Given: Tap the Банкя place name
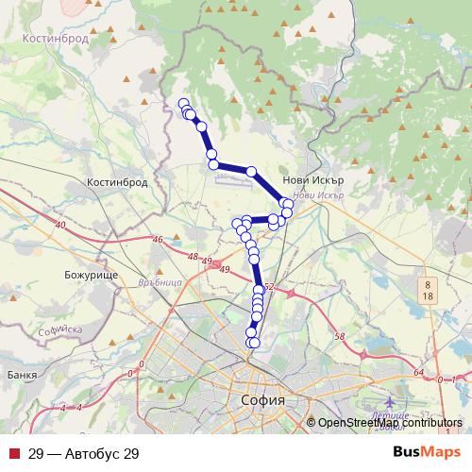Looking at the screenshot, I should (x=19, y=375).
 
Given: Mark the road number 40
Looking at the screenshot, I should (x=61, y=225).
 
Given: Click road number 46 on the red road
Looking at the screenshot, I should (x=159, y=241).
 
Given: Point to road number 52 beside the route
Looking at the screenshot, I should (x=269, y=287).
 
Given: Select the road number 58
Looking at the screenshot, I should (x=340, y=336).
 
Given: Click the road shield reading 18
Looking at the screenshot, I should (x=428, y=295).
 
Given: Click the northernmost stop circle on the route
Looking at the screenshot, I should (x=184, y=104).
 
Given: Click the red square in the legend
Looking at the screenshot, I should (x=13, y=453).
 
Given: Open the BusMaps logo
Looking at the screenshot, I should (x=427, y=452).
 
